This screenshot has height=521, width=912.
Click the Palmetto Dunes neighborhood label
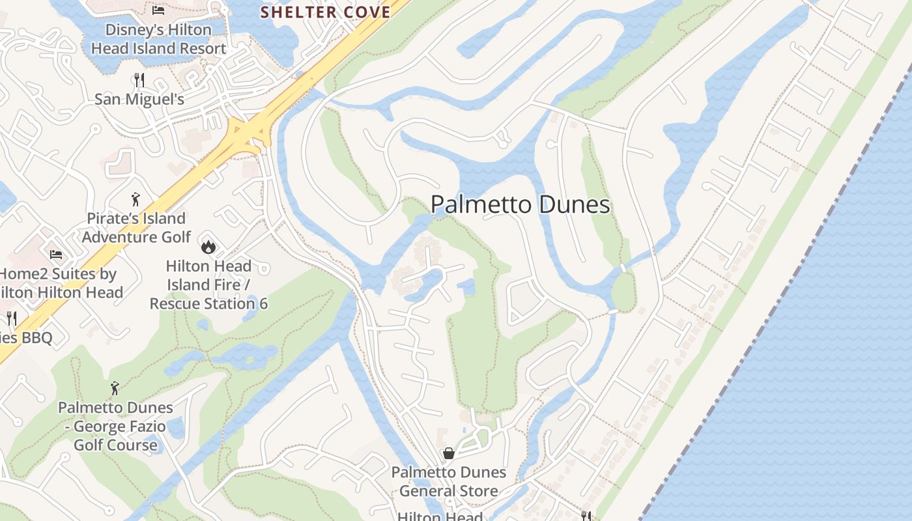point(520,205)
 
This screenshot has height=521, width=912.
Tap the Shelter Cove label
point(326,12)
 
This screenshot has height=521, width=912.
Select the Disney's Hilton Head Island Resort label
point(158,39)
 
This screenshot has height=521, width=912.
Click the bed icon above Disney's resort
point(158,10)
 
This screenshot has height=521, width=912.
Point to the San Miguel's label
point(139,100)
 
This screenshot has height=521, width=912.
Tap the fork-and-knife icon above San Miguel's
point(139,80)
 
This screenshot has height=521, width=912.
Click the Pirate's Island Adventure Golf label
point(136,227)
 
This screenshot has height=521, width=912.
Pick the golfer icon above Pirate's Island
point(135,199)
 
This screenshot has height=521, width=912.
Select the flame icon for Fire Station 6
point(208,246)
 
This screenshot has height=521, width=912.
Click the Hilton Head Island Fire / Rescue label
point(208,285)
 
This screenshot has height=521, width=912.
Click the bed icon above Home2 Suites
point(56,255)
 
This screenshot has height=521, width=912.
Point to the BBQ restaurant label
point(26,337)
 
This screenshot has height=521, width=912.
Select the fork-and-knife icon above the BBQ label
point(11,318)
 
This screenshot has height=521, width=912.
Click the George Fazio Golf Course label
point(115,427)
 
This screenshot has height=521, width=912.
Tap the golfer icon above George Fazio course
point(115,388)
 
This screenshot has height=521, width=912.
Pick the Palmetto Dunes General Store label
point(449,481)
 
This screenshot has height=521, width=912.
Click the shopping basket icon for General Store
point(449,453)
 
